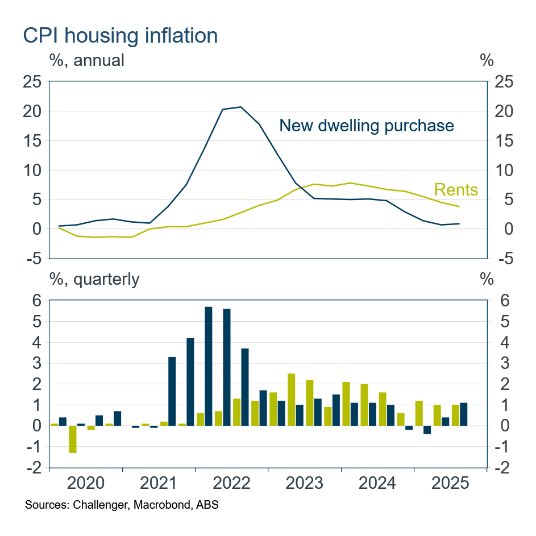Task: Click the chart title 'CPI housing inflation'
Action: [120, 36]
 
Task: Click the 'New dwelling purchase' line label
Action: [367, 126]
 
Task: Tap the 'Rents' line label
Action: [456, 189]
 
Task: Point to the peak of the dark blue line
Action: [240, 107]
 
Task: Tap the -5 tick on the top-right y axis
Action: [504, 258]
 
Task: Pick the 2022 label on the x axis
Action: [231, 484]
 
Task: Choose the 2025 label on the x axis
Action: [450, 484]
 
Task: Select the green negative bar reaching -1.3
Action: [73, 439]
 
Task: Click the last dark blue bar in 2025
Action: [464, 414]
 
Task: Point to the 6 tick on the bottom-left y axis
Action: [36, 301]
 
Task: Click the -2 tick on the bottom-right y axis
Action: [504, 468]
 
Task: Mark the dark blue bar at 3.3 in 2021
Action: [172, 391]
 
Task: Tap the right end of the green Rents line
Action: [459, 206]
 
